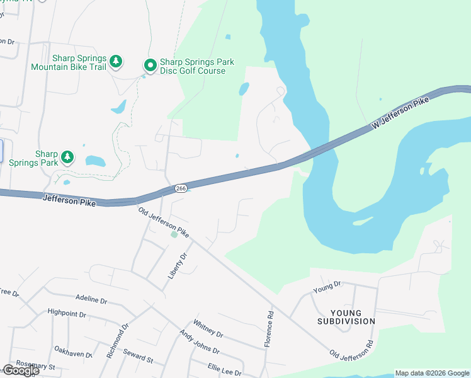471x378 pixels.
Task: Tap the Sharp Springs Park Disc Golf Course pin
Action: tap(150, 65)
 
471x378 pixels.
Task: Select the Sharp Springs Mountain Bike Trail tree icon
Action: tap(115, 61)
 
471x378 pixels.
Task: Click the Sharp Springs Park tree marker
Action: tap(67, 156)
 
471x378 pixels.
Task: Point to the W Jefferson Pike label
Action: tap(400, 114)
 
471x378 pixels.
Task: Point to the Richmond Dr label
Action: tap(117, 341)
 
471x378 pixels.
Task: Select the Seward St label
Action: tap(139, 356)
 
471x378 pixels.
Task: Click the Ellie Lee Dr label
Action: tap(224, 369)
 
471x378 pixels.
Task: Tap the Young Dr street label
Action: tap(327, 288)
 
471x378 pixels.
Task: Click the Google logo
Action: tap(21, 370)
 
